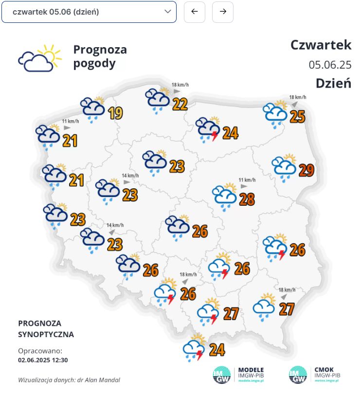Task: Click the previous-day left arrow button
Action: coord(195,12)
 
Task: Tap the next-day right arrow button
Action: coord(223,12)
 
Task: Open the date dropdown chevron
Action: coord(168,11)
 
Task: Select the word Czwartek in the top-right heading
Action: coord(321,45)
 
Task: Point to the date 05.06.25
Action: coord(329,65)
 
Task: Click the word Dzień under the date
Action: coord(333,83)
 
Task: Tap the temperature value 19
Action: coord(115,113)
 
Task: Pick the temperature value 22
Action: coord(180,104)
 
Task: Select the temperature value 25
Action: coord(297,117)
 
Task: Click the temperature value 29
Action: coord(306,170)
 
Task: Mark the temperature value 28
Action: coord(247,198)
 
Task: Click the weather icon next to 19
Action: coord(92,108)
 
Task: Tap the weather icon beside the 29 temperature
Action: coord(284,166)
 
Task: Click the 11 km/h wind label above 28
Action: coord(247,180)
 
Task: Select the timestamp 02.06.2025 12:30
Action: coord(43,360)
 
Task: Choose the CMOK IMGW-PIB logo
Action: coord(314,374)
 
